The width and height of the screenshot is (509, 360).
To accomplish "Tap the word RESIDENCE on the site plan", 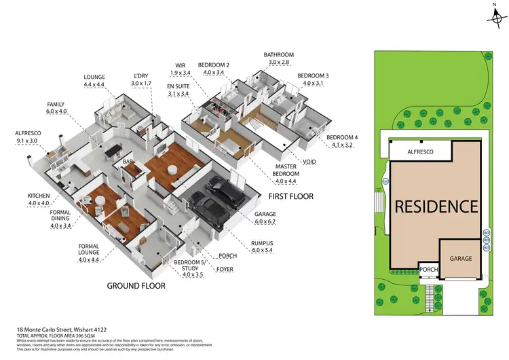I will point(437,206).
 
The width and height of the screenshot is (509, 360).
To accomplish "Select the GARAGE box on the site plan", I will point(462,258).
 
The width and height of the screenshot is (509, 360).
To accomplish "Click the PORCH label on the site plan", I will point(428,270).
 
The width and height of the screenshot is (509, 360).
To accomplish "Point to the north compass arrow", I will point(495,16).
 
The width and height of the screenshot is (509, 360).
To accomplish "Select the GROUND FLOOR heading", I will point(136,286).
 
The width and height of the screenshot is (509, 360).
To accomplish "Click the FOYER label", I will point(225,268).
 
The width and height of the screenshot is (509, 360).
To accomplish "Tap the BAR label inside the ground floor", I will point(127,162).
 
